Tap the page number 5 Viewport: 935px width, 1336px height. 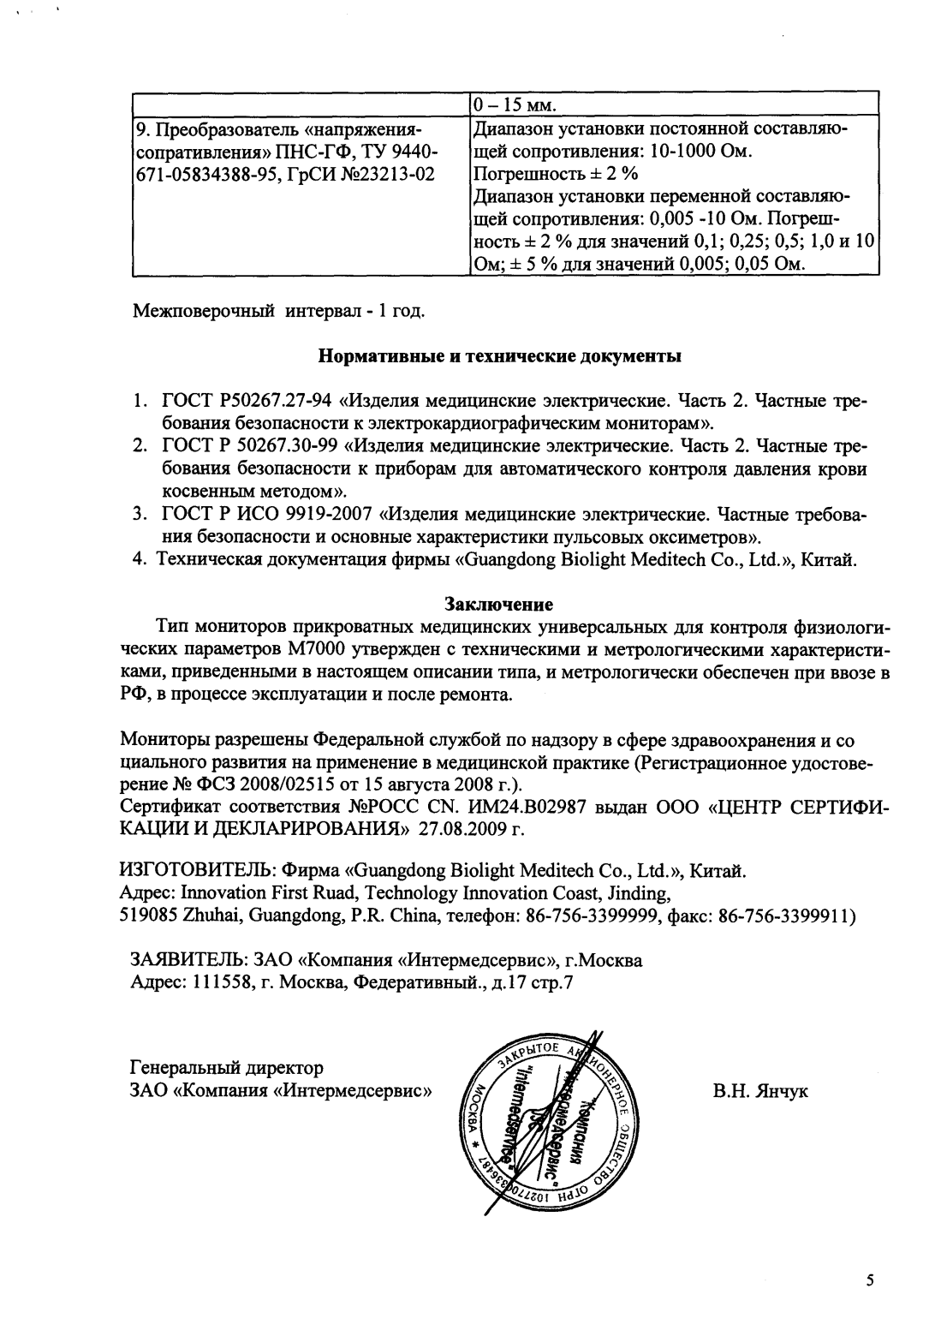[870, 1281]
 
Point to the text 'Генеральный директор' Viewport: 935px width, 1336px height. [226, 1068]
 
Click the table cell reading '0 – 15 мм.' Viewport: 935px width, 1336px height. [514, 106]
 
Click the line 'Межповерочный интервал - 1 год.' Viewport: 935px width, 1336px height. [277, 308]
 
